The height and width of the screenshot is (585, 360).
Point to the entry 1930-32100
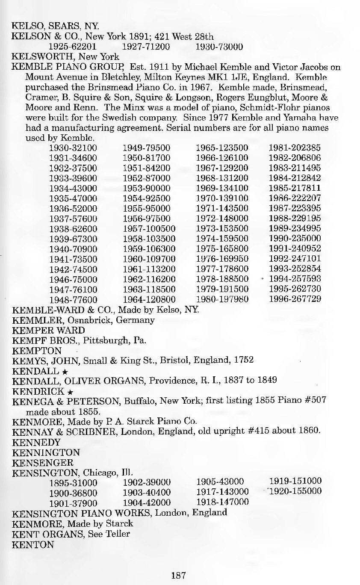74,148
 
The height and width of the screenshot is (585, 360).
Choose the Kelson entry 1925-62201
74,46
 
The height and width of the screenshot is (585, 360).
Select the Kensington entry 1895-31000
74,483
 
